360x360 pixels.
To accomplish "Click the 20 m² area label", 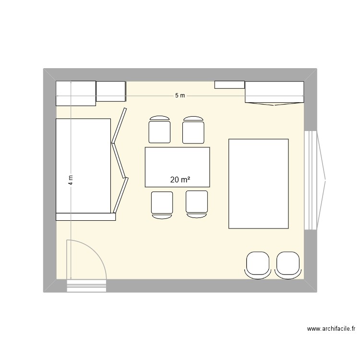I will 180,180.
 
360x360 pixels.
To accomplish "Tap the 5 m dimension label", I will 180,96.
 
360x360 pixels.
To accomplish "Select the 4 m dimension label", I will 71,180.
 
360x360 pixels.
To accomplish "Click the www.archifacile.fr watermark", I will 331,329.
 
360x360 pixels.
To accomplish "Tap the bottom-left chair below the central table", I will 162,204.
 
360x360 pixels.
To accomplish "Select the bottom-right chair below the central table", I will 197,203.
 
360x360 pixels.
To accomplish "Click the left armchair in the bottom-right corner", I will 258,264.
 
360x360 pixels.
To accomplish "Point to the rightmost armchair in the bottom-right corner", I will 288,264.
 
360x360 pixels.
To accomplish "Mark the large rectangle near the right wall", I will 258,183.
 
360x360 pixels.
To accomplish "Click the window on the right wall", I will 315,180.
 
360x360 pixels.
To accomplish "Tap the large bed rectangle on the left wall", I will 84,166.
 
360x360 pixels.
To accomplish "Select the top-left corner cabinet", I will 76,93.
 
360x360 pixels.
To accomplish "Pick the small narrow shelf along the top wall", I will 229,85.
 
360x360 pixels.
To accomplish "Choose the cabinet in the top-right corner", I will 275,92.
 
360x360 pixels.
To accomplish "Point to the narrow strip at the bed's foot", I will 86,217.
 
